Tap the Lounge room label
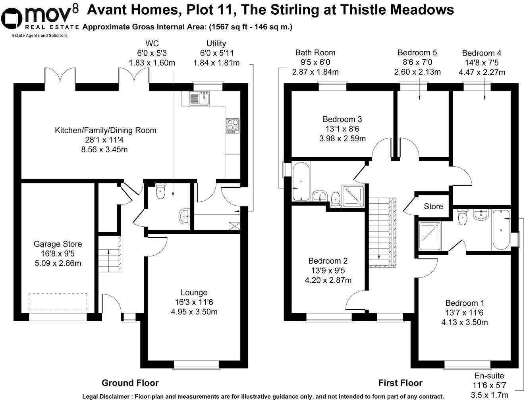(x=194, y=293)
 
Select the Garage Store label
(x=58, y=244)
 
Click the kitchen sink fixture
(x=199, y=98)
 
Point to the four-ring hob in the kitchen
(x=232, y=125)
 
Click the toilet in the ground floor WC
(x=160, y=192)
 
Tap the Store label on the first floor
(x=433, y=206)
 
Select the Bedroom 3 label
(x=342, y=120)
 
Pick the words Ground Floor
(x=130, y=383)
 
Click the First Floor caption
(x=400, y=383)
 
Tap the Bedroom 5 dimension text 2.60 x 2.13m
(x=417, y=72)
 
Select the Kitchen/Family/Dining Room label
(x=106, y=130)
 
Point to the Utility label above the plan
(x=216, y=44)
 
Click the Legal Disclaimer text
(x=263, y=396)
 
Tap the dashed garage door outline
(x=58, y=302)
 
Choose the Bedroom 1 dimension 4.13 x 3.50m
(x=464, y=322)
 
